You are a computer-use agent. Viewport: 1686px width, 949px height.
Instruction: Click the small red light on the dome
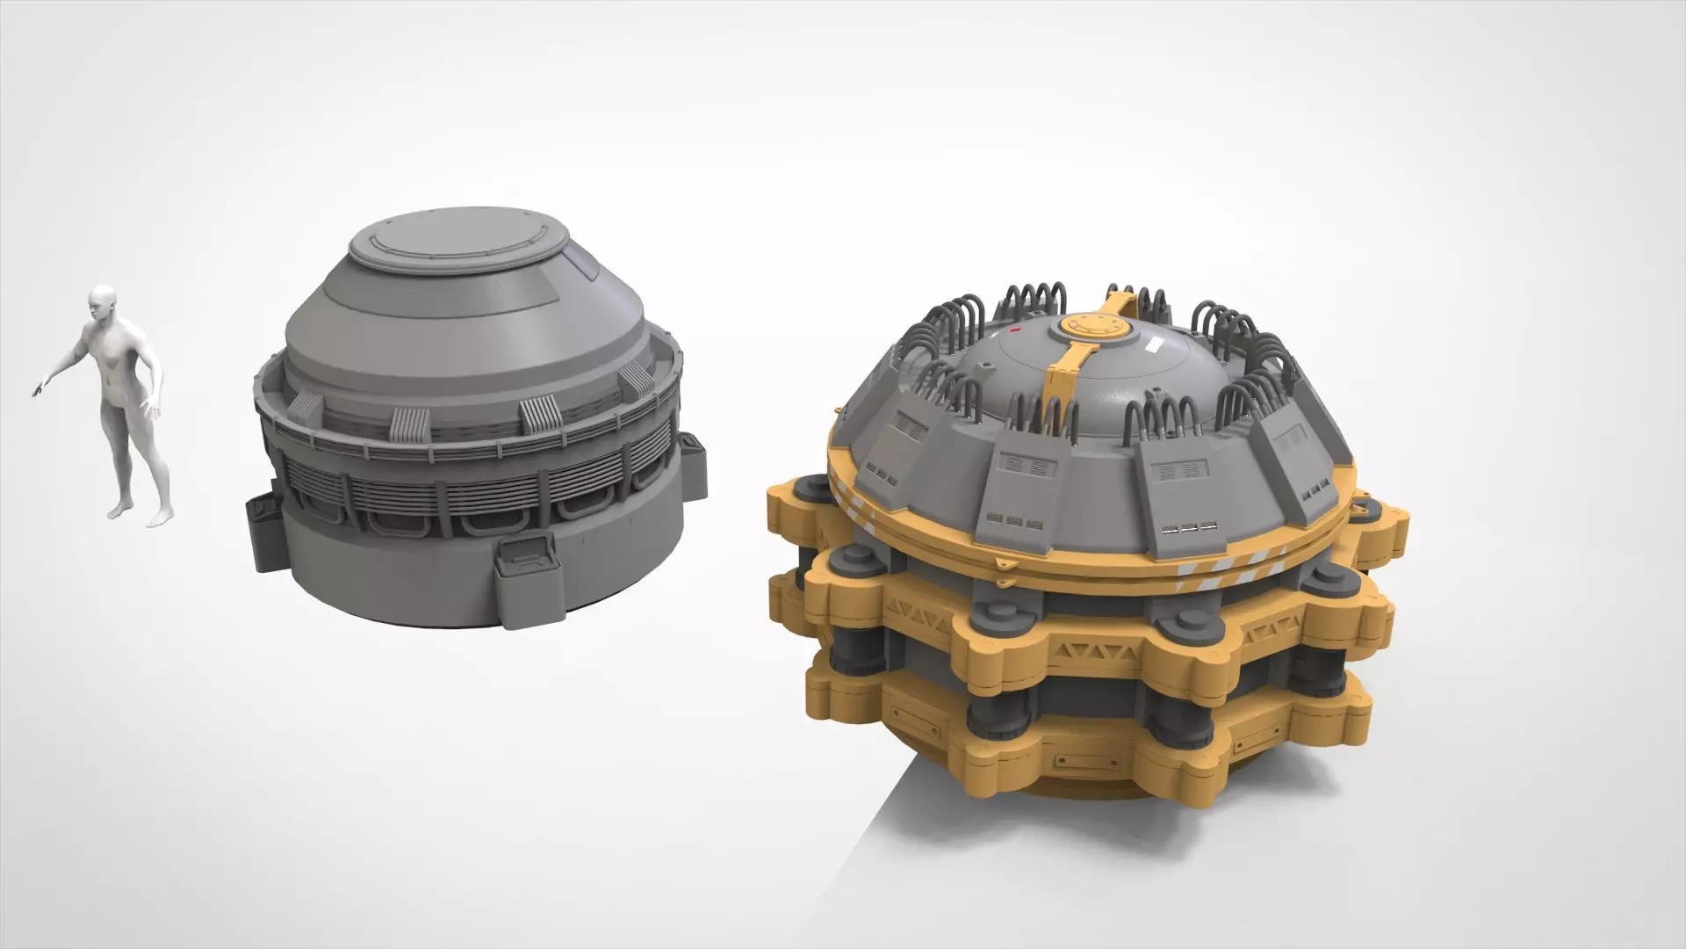[x=1016, y=332]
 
